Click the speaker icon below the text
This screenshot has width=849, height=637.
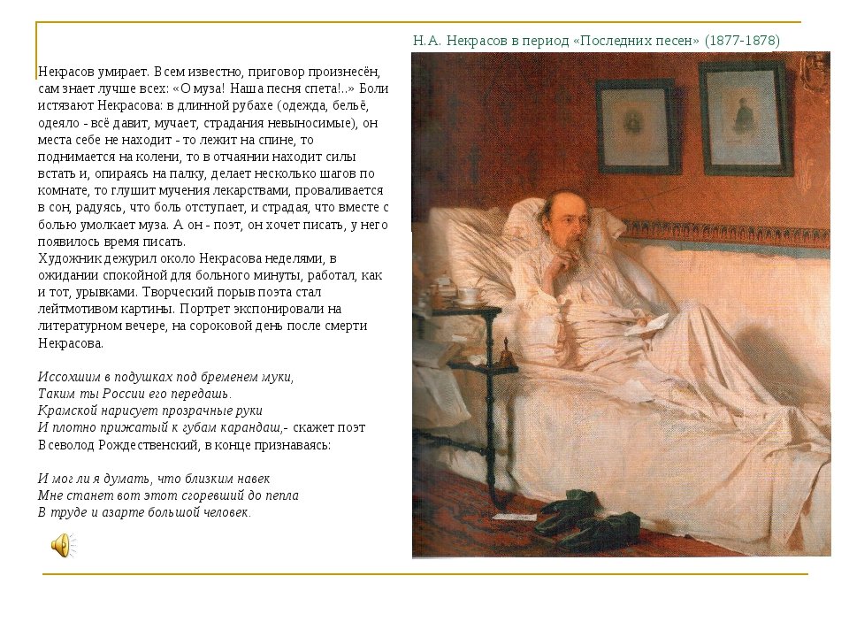coord(59,545)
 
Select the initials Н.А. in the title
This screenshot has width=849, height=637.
coord(427,41)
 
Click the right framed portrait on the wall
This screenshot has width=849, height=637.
coord(746,117)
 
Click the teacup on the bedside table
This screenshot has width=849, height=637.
coord(467,295)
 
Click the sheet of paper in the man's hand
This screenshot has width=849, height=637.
coord(651,324)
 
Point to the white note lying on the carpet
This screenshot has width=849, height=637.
coord(512,517)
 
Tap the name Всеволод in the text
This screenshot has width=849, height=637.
coord(67,445)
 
